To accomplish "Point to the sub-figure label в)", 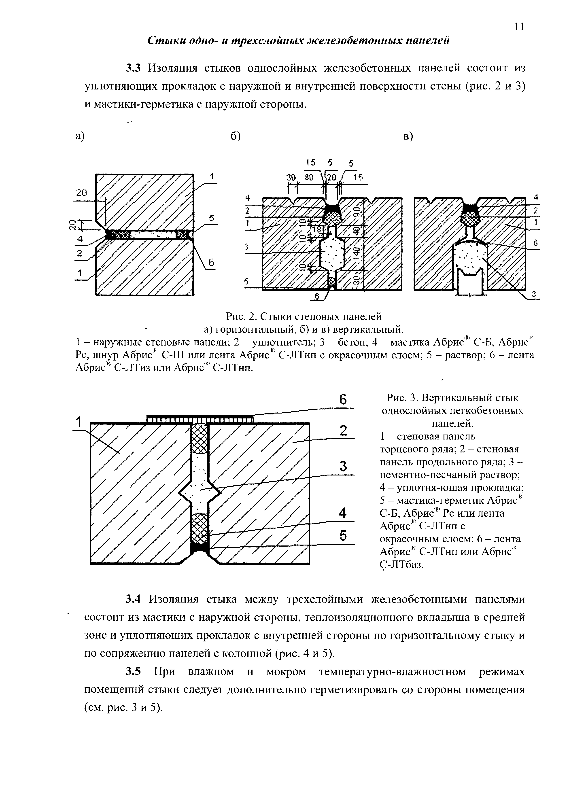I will (x=408, y=137).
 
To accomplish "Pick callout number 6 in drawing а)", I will (x=211, y=263).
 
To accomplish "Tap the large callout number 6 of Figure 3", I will (x=343, y=400).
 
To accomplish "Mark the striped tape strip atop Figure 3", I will (x=200, y=420).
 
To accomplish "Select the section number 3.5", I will (x=134, y=671).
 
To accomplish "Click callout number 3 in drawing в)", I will (x=533, y=294).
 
